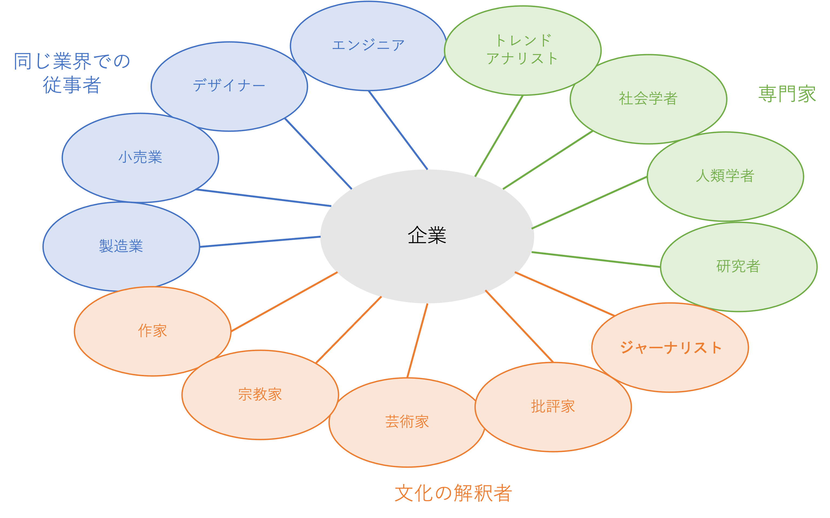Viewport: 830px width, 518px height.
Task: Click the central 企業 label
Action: pos(427,235)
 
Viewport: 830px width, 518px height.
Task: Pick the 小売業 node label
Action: pos(140,157)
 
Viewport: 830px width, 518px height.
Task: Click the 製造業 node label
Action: pos(121,246)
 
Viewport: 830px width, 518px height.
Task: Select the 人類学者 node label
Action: pos(725,176)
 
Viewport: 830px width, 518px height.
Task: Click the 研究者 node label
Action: pos(738,266)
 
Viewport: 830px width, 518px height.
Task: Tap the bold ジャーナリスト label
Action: pos(670,347)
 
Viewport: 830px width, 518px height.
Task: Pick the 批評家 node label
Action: pos(553,406)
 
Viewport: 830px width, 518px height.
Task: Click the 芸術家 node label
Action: pos(407,421)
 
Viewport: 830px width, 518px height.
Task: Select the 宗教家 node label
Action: pos(260,394)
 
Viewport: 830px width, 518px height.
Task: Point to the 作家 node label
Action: pos(152,331)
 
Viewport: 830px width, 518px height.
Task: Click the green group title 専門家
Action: pos(787,94)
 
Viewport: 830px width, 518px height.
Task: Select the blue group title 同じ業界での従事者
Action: pos(72,73)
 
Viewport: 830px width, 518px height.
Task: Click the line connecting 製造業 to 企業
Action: pos(260,242)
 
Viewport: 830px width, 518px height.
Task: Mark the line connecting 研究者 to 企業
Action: pos(596,260)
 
